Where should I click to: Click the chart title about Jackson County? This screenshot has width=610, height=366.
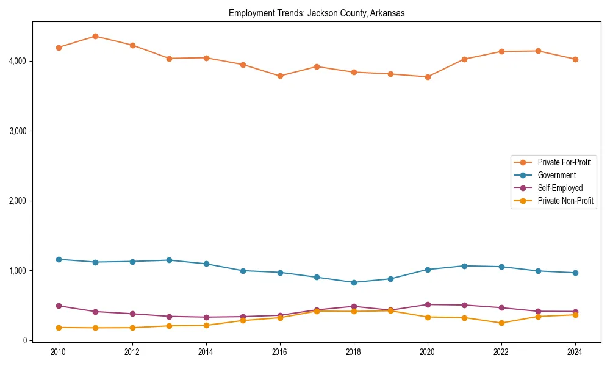[x=317, y=13]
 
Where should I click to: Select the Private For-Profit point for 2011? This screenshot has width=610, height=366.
[x=96, y=36]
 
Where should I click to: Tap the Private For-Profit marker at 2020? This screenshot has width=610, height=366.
[x=428, y=77]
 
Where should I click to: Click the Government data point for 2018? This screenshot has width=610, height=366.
[x=354, y=282]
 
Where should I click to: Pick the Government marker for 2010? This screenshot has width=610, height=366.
[x=59, y=259]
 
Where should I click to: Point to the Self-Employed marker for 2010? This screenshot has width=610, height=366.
[x=59, y=306]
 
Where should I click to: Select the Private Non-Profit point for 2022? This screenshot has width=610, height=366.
[x=501, y=323]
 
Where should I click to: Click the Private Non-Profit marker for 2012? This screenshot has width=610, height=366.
[x=132, y=328]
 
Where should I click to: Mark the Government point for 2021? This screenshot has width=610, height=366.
[x=464, y=266]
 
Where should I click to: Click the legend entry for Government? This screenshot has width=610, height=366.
[x=556, y=175]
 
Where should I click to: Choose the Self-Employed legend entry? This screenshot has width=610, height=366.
[x=560, y=188]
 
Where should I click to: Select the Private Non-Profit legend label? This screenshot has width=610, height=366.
[x=565, y=201]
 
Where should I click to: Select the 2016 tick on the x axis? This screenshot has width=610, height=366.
[x=280, y=352]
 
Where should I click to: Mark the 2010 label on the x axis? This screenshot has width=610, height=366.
[x=59, y=352]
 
